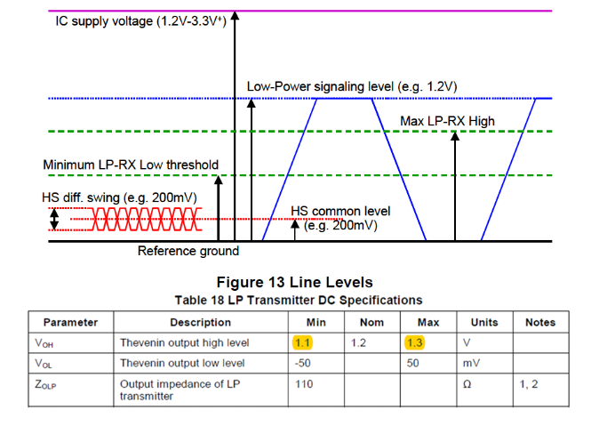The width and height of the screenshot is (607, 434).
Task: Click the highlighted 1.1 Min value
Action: tap(302, 342)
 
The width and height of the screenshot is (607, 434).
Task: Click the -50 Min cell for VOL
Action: tap(304, 363)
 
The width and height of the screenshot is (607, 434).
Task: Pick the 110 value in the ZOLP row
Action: tap(303, 383)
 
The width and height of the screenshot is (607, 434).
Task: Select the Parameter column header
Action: tap(70, 322)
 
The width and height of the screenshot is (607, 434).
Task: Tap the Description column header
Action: tap(200, 322)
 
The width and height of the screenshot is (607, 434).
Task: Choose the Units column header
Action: tap(483, 322)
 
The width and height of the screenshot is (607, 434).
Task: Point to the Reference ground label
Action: tap(188, 251)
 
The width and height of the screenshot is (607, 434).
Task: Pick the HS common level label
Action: tap(340, 212)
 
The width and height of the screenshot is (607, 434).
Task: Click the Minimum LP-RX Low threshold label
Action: tap(130, 165)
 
